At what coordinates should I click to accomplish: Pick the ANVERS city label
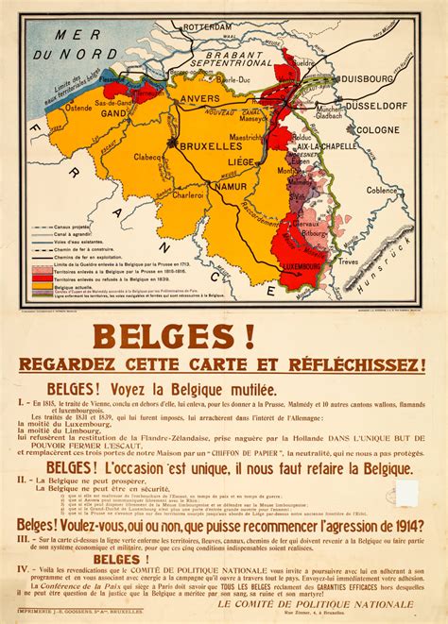coord(202,104)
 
